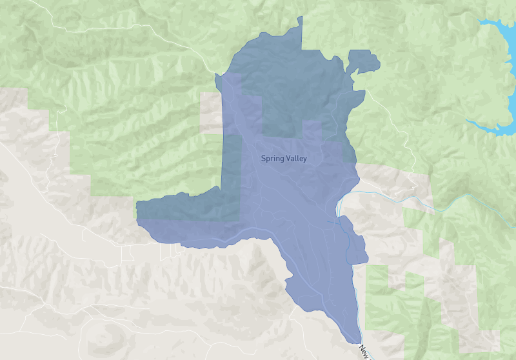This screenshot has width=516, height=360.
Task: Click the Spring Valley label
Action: click(284, 158)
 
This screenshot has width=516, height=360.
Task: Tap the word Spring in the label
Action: click(272, 158)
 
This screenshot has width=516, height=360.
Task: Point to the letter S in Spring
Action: click(263, 158)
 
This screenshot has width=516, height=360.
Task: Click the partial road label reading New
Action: click(364, 352)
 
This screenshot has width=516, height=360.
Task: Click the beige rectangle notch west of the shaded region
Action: click(210, 113)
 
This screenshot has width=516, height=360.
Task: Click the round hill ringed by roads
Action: click(106, 335)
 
